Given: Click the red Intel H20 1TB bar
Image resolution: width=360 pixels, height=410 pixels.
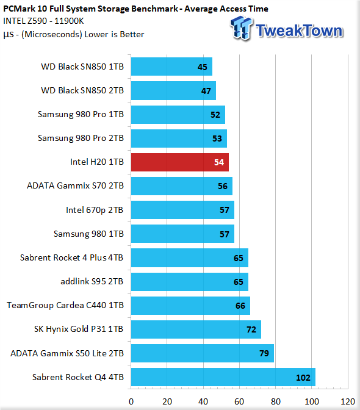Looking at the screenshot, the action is tap(180, 162).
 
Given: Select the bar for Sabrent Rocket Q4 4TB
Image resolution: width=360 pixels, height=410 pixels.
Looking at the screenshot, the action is tap(223, 377).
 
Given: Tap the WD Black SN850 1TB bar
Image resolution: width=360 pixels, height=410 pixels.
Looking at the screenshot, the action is tap(172, 67).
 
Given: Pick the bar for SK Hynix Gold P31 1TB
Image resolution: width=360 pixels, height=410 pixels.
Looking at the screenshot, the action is tap(196, 329).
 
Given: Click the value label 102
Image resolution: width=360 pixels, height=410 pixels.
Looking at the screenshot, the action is tap(303, 378).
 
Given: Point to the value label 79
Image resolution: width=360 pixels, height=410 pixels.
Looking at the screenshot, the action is tap(264, 353).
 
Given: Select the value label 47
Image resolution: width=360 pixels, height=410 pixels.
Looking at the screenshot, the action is tap(206, 91).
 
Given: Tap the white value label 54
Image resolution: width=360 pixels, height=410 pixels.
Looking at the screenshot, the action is tap(219, 162).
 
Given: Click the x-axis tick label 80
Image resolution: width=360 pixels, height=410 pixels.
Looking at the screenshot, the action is tap(276, 401).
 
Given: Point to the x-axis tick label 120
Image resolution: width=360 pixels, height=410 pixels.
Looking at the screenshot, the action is tap(348, 401).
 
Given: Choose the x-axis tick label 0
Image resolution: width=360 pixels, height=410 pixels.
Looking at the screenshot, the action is tap(131, 401).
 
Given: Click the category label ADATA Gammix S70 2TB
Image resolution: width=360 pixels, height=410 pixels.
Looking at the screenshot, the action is tap(75, 185).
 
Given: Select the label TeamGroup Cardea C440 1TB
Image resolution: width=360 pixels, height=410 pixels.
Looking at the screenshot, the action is tap(65, 305).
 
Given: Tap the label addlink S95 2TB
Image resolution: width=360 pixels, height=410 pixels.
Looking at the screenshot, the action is tap(92, 281).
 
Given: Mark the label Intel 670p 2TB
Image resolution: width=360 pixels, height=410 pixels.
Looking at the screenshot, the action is tap(95, 210).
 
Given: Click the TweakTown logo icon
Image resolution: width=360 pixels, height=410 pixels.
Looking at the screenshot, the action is tap(241, 28).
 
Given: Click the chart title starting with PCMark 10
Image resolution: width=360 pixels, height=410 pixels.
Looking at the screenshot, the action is tap(135, 9).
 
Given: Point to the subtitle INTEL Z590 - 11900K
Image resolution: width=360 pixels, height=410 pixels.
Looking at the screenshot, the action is tap(43, 21).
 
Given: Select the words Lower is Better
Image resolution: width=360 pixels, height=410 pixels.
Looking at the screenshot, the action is tap(114, 34).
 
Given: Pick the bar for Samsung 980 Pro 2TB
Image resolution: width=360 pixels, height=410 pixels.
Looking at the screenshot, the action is tap(179, 138).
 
